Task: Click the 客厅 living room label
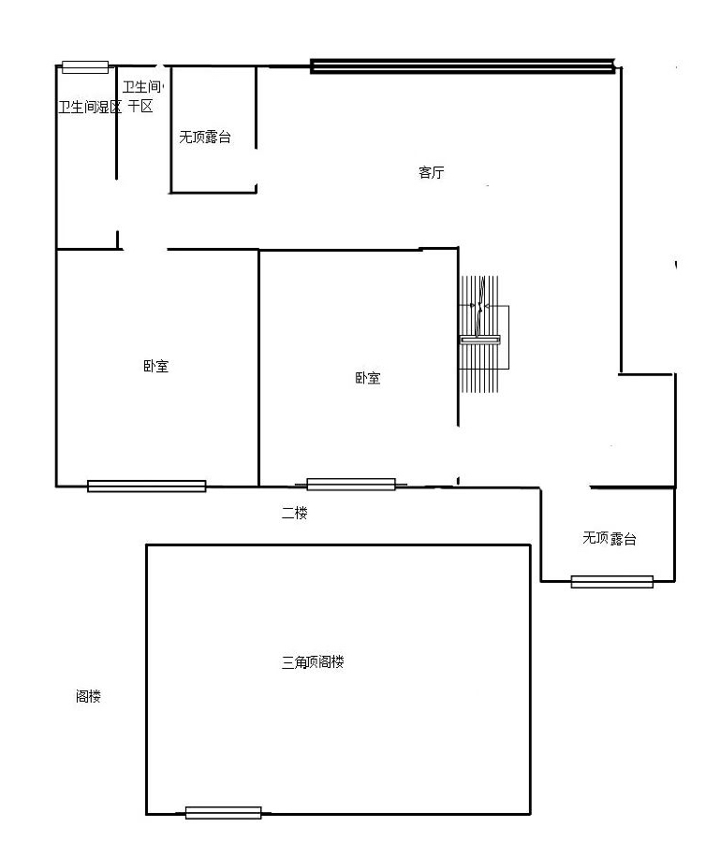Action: (x=431, y=172)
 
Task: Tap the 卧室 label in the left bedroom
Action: (x=155, y=366)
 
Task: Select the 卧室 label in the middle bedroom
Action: (x=368, y=378)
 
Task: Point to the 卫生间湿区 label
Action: (x=90, y=107)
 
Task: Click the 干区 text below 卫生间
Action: (x=140, y=107)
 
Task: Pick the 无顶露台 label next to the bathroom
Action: (x=205, y=137)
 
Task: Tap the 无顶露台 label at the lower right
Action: (x=610, y=538)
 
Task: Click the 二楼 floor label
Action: (x=294, y=513)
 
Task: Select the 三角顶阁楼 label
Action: (x=313, y=662)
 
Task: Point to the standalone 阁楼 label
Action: (x=88, y=696)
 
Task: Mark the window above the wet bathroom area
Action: (x=85, y=67)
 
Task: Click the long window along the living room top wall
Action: (x=463, y=65)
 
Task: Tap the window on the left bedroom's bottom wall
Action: (x=147, y=486)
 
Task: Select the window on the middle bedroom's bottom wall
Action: (x=351, y=485)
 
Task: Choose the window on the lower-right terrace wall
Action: (x=612, y=582)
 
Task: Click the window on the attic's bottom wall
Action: (x=224, y=812)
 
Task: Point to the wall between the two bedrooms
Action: (x=259, y=369)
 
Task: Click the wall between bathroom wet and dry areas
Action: (x=117, y=123)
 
